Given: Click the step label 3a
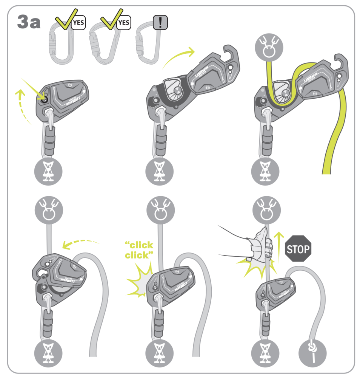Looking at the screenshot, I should coord(29,23).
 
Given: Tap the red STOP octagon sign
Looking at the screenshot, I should coord(298,249).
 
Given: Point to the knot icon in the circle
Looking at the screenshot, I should coord(312,353).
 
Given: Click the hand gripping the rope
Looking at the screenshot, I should coord(260,246).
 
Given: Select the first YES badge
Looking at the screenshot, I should coord(78,23).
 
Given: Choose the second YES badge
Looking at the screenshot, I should coord(123,23).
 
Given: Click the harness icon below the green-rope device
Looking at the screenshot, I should coord(269,170).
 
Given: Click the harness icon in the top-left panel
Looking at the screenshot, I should coord(48,170).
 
